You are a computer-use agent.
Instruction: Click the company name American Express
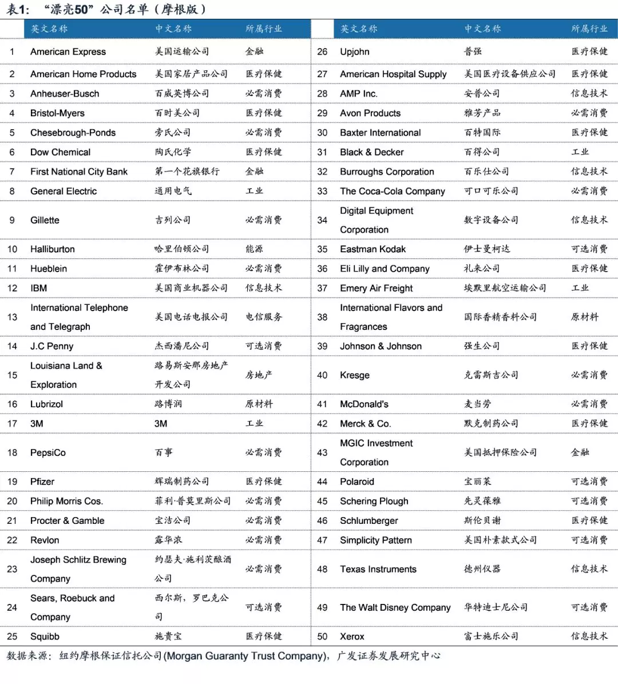coord(68,51)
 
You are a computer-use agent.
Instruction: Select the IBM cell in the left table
coord(39,288)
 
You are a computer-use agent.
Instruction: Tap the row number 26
coord(322,51)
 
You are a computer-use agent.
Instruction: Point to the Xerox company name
coord(352,637)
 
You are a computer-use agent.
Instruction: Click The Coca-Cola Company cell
coord(392,191)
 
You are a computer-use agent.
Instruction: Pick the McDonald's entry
coord(364,404)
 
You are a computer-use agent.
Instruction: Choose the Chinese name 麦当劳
coord(477,404)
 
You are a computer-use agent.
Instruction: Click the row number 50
coord(322,637)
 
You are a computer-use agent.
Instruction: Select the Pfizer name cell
coord(42,482)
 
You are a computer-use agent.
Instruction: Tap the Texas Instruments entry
coord(378,569)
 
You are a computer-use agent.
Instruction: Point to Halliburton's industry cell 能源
coord(254,249)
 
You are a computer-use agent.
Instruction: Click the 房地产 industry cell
coord(259,375)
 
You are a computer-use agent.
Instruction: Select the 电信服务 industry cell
coord(263,317)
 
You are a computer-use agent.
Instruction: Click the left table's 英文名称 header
coord(49,29)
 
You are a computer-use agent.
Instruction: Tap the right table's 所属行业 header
coord(589,29)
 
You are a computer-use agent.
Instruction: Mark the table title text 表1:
coord(18,10)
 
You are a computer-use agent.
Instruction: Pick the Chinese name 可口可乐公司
coord(491,191)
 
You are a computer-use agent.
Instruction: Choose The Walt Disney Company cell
coord(395,607)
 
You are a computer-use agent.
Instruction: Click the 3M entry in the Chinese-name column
coord(161,424)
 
